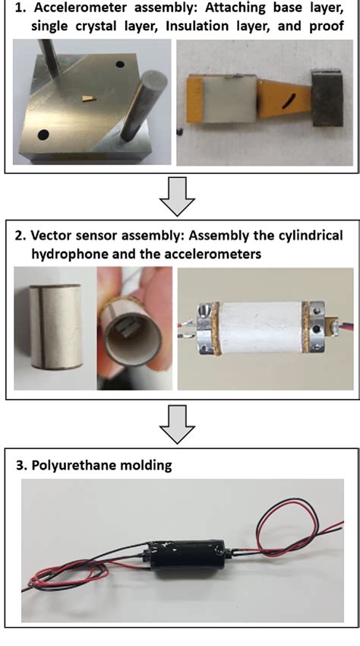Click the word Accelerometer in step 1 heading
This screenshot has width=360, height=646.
coord(81,8)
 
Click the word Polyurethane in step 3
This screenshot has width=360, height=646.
coord(72,466)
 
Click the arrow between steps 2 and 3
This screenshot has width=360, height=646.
coord(177,424)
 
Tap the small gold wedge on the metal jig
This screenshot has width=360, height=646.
coord(87,98)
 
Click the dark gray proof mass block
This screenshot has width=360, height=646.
coord(327,98)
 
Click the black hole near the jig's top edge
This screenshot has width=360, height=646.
coord(120,65)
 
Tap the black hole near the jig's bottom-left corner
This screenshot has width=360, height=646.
coord(43,135)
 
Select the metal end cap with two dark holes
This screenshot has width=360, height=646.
coord(317,327)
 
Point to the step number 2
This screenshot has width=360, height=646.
coord(18,236)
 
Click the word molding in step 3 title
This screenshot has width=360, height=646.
coord(147,466)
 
